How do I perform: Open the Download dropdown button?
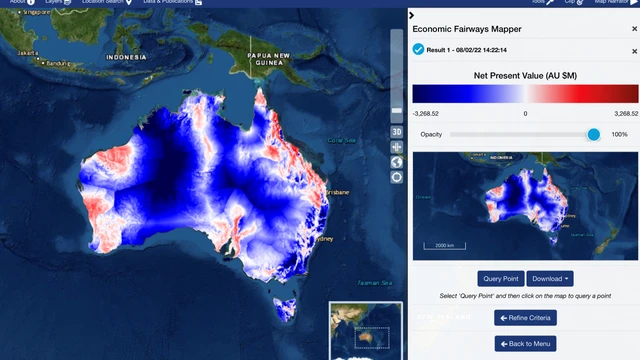coord(551,279)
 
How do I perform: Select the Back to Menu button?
coord(525,343)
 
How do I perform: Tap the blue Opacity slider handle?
coord(593,134)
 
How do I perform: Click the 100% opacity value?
coord(619,134)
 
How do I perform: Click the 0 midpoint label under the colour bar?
coord(525,113)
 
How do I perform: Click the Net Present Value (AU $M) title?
coord(525,75)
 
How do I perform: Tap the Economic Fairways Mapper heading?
coord(467,30)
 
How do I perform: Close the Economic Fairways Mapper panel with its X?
coord(634,30)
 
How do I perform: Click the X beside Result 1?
coord(634,49)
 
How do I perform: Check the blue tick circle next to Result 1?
coord(418,49)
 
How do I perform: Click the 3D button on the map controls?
coord(396,131)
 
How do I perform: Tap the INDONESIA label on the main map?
coord(127,57)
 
